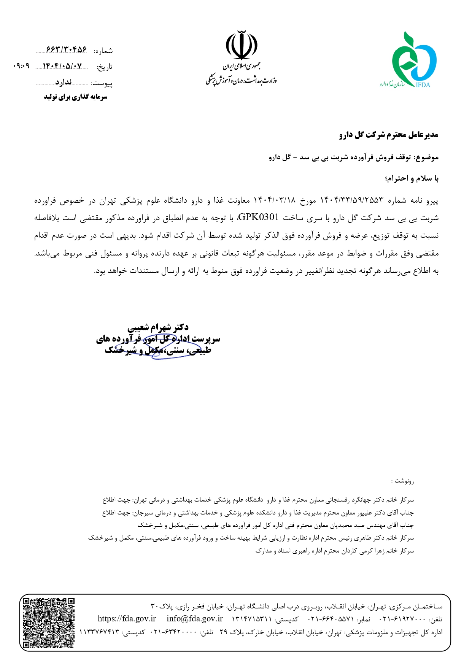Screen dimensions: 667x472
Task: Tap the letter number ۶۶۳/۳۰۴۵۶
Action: click(66, 50)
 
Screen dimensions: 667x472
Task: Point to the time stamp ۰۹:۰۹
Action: click(21, 66)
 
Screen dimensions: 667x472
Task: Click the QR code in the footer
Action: click(49, 623)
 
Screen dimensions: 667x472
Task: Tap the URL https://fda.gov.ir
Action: click(127, 619)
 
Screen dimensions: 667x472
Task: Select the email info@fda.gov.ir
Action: click(194, 619)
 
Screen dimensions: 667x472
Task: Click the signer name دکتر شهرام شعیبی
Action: click(158, 327)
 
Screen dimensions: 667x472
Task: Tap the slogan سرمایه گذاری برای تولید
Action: click(75, 97)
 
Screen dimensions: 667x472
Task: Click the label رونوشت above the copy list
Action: click(404, 481)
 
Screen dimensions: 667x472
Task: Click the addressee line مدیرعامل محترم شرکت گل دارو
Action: click(389, 135)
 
